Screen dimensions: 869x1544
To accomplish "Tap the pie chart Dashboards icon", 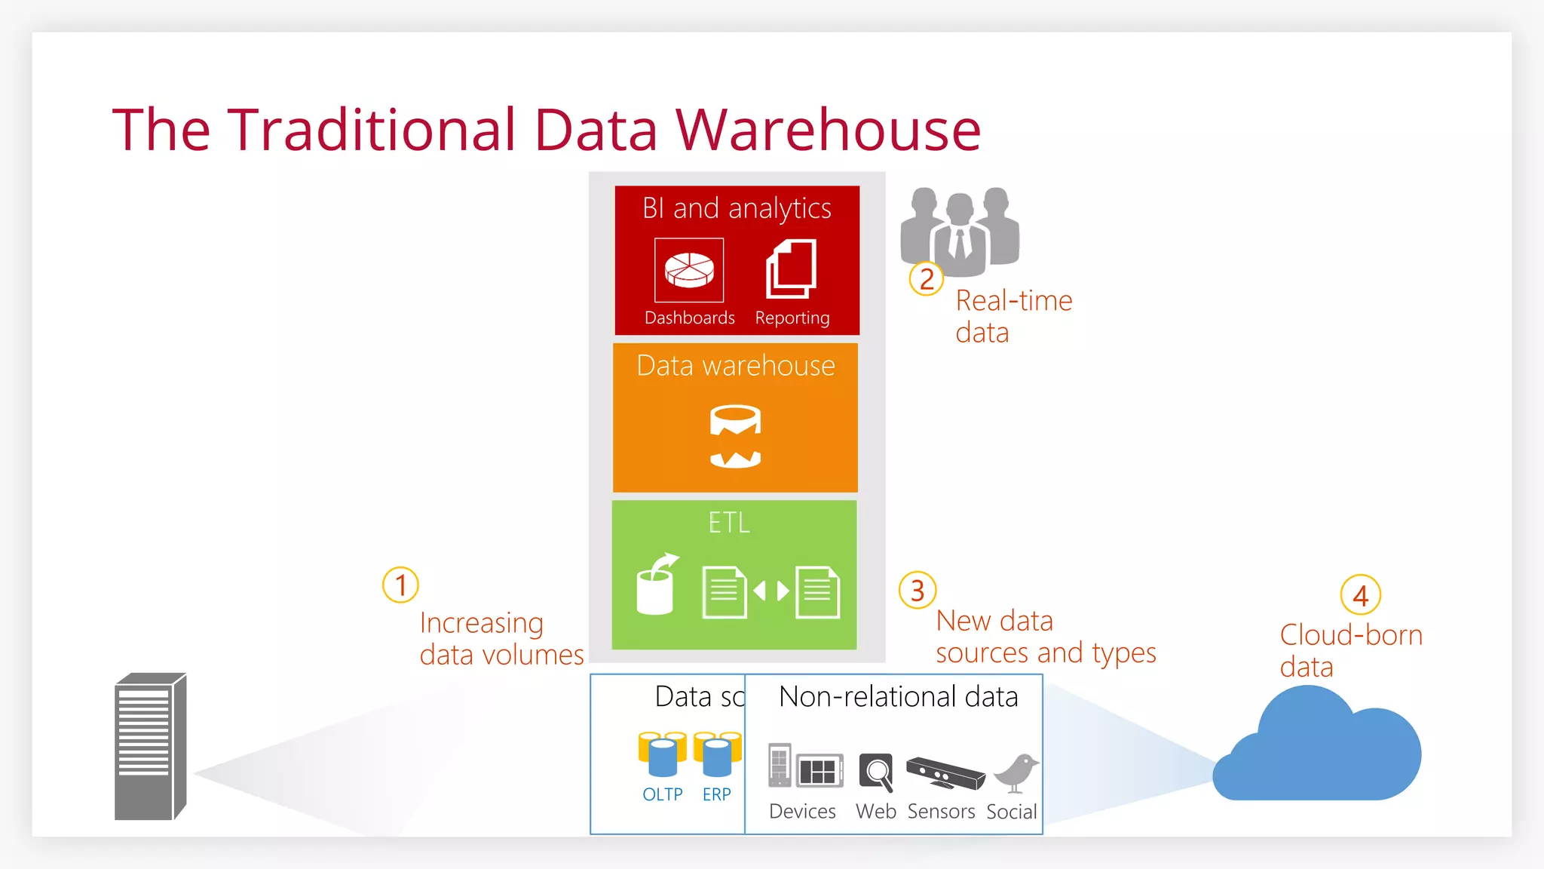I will tap(689, 269).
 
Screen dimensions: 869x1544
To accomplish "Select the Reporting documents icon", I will tap(792, 269).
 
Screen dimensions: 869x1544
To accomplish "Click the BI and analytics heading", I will tap(737, 208).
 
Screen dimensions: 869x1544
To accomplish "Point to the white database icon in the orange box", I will tap(735, 437).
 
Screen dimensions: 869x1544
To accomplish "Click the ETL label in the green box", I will tap(729, 523).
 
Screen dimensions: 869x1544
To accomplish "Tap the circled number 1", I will tap(400, 585).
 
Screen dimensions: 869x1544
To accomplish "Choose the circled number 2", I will tap(927, 279).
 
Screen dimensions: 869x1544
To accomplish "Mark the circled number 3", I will tap(918, 591).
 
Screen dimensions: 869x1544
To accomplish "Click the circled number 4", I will tap(1360, 596).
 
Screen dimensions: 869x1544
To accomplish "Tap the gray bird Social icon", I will tap(1016, 772).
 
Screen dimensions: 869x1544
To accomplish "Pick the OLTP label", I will tap(662, 794).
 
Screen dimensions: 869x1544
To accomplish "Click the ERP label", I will tap(716, 794).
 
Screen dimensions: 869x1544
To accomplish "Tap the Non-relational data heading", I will tap(898, 697).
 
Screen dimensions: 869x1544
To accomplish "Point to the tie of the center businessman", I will tap(960, 244).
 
